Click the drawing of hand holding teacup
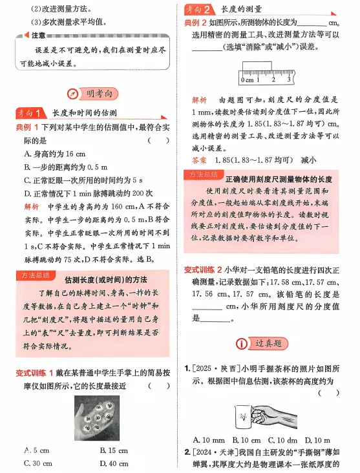pyautogui.click(x=264, y=412)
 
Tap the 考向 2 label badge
pyautogui.click(x=199, y=10)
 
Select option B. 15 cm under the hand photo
pyautogui.click(x=114, y=449)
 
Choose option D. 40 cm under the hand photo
pyautogui.click(x=114, y=463)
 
